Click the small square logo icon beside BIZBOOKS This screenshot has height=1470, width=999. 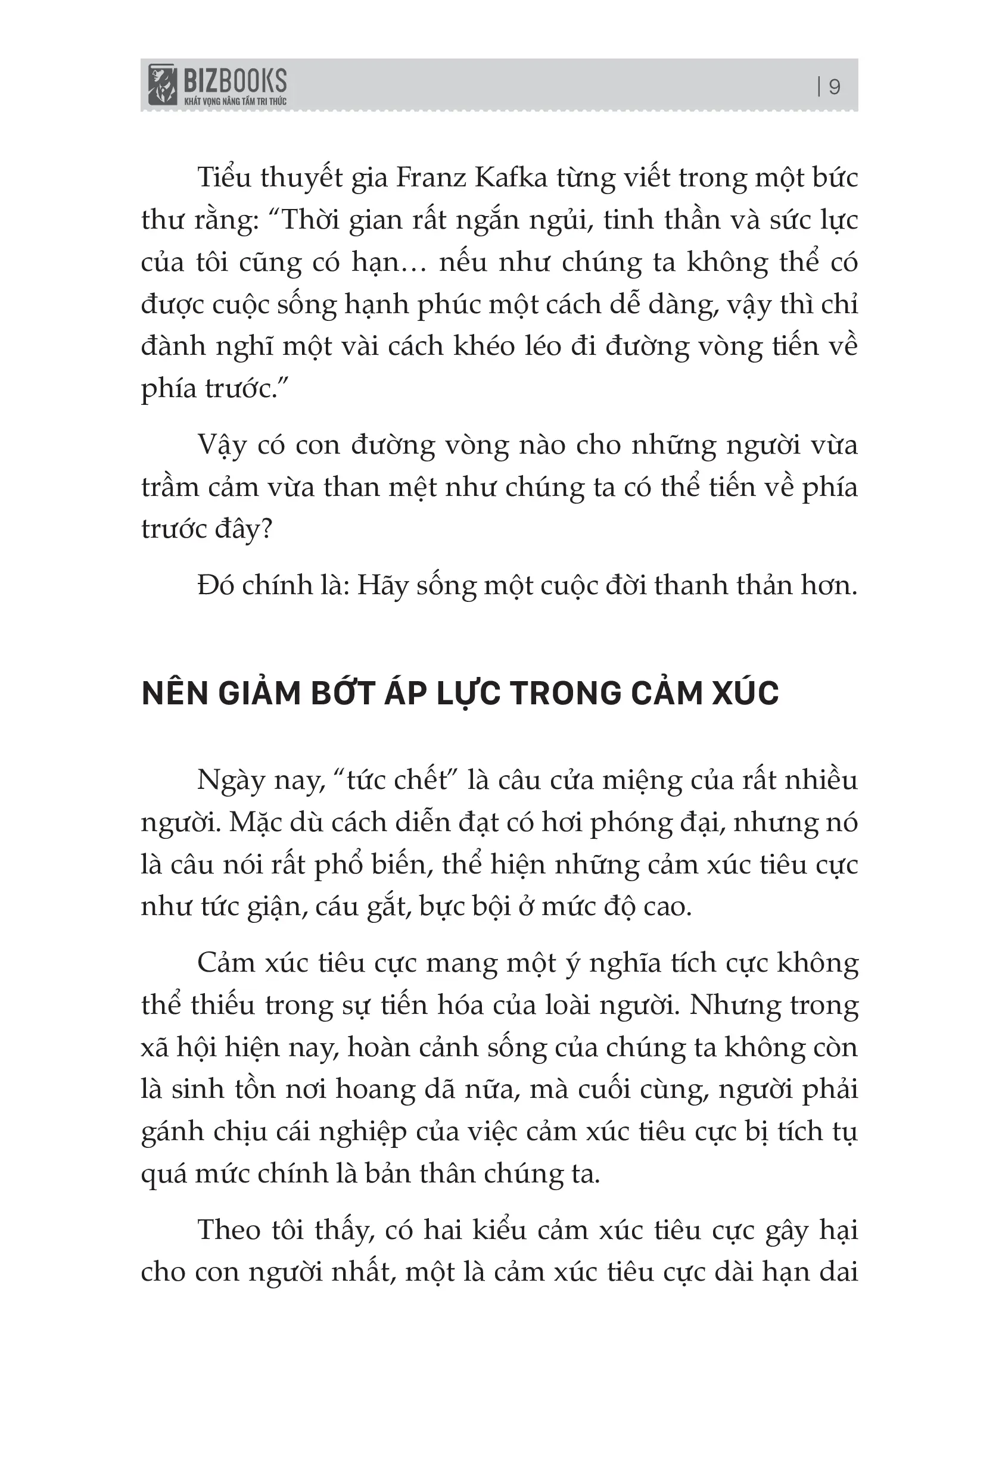pyautogui.click(x=162, y=84)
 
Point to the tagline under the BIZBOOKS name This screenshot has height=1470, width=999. pyautogui.click(x=235, y=101)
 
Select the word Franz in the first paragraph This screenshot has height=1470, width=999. pyautogui.click(x=430, y=178)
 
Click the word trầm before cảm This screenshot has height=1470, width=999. pyautogui.click(x=170, y=487)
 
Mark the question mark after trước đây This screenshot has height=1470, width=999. pyautogui.click(x=266, y=529)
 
